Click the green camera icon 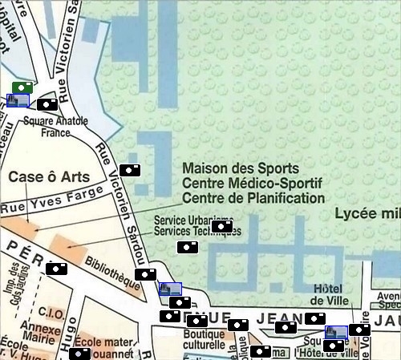click(x=22, y=87)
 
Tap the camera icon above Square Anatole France click(x=47, y=103)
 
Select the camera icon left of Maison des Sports click(x=130, y=170)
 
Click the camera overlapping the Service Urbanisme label click(x=222, y=226)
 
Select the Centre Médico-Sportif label click(x=252, y=184)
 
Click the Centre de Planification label click(x=253, y=198)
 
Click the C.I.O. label click(x=52, y=313)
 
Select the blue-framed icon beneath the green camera click(x=18, y=100)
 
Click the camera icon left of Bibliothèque click(x=55, y=269)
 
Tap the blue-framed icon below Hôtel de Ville click(x=336, y=332)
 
